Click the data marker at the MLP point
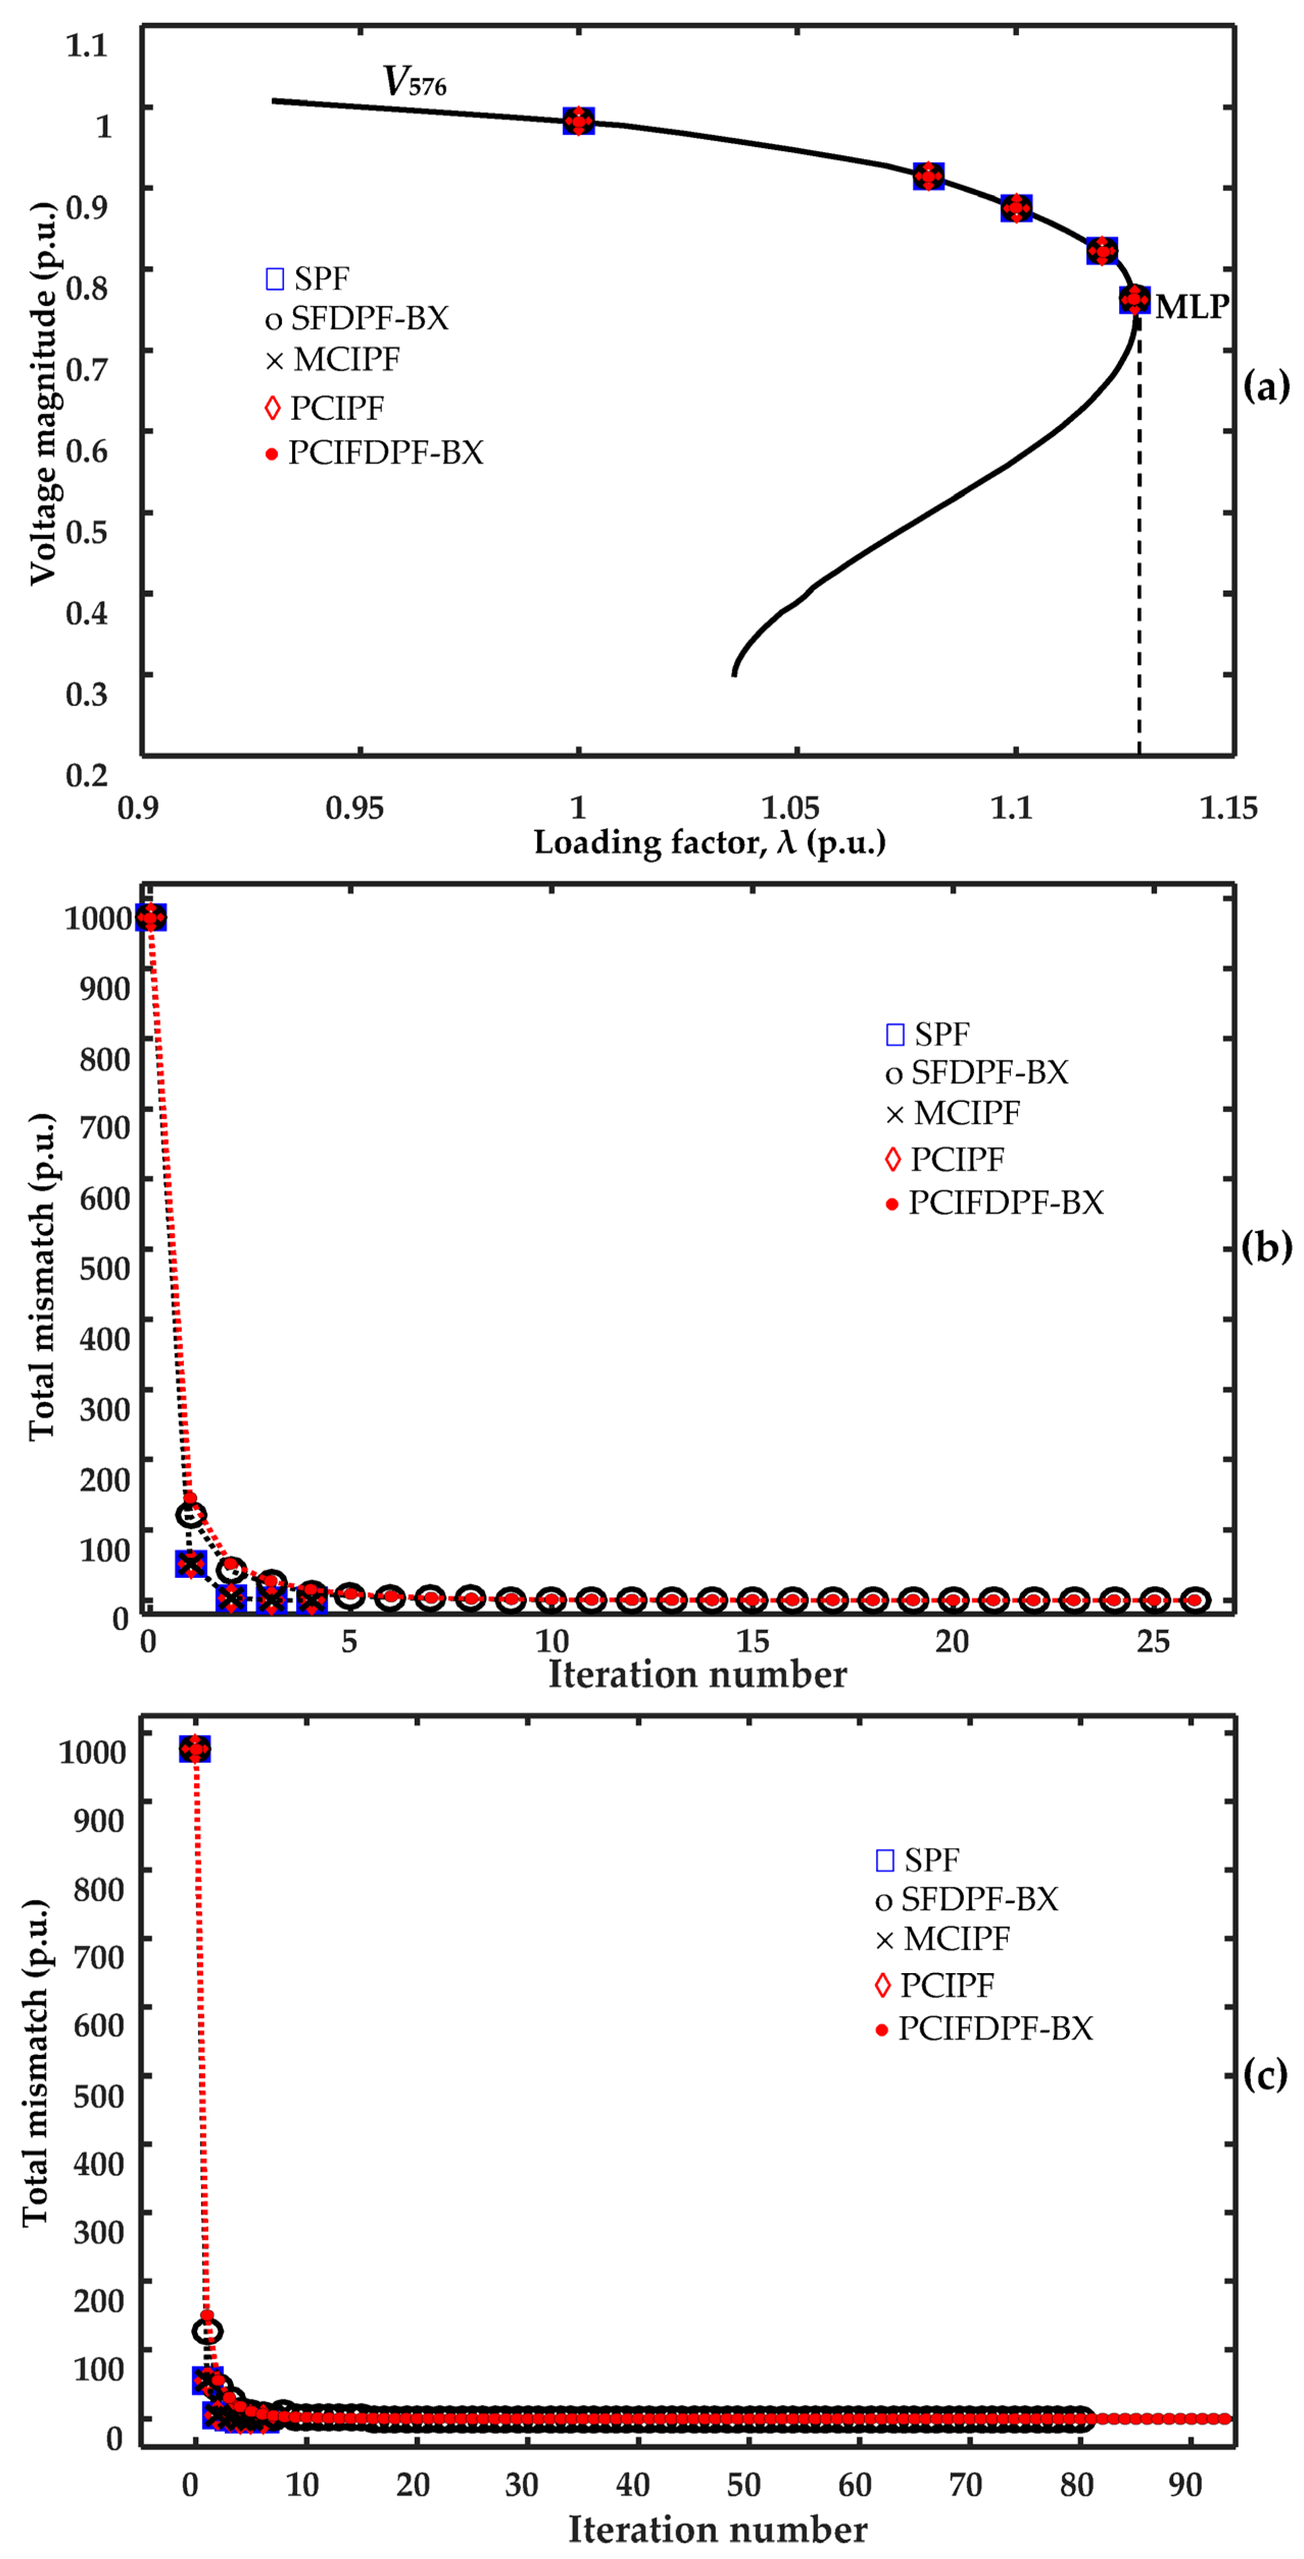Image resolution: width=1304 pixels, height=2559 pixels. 1134,299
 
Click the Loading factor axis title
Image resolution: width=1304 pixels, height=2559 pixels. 709,842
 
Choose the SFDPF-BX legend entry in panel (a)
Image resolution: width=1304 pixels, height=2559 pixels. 358,319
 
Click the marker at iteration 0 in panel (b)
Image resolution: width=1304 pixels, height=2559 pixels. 150,917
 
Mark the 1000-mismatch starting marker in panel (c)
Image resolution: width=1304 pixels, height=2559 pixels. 195,1749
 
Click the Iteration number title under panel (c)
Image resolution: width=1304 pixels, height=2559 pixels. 717,2529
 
